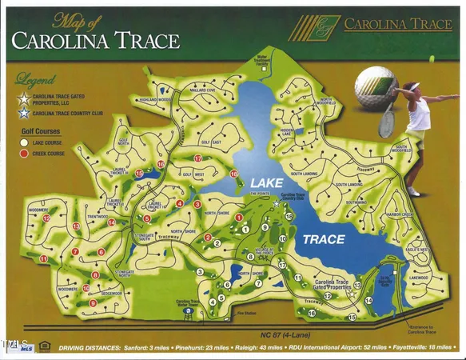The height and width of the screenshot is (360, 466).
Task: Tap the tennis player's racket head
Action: coord(388,122)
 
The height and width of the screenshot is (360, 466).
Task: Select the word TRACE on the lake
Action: coord(324,239)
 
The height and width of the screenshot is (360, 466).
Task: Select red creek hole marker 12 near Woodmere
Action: coord(47,218)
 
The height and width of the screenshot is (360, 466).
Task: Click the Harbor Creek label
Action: coord(399,214)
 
